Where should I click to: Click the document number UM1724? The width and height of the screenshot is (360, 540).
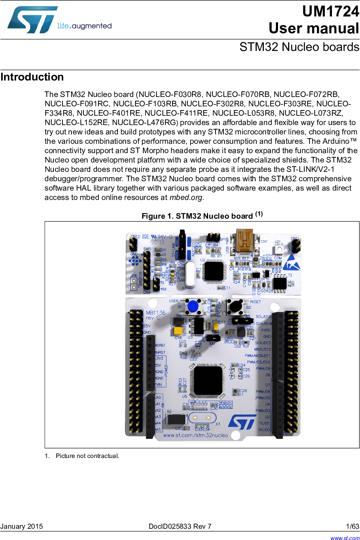click(x=330, y=12)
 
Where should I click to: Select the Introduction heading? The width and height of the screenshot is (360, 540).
click(x=32, y=77)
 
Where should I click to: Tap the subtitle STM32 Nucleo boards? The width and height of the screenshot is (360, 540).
click(x=299, y=47)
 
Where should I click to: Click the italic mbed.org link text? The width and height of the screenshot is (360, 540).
click(x=186, y=198)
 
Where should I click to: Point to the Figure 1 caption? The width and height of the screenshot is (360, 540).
click(x=202, y=216)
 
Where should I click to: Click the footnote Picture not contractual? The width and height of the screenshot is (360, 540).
click(x=87, y=456)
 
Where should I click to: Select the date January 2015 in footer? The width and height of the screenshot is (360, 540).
click(x=22, y=527)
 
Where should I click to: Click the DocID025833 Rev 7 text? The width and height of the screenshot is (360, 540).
click(x=180, y=527)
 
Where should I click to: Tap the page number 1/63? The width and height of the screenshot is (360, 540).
click(x=352, y=527)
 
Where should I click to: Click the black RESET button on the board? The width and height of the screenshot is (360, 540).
click(x=235, y=307)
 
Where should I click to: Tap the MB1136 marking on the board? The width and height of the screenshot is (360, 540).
click(x=156, y=313)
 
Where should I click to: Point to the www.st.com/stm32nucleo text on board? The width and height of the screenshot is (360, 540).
click(x=195, y=436)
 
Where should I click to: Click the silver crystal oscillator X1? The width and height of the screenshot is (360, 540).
click(x=190, y=275)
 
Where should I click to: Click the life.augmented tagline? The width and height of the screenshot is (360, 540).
click(x=84, y=26)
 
